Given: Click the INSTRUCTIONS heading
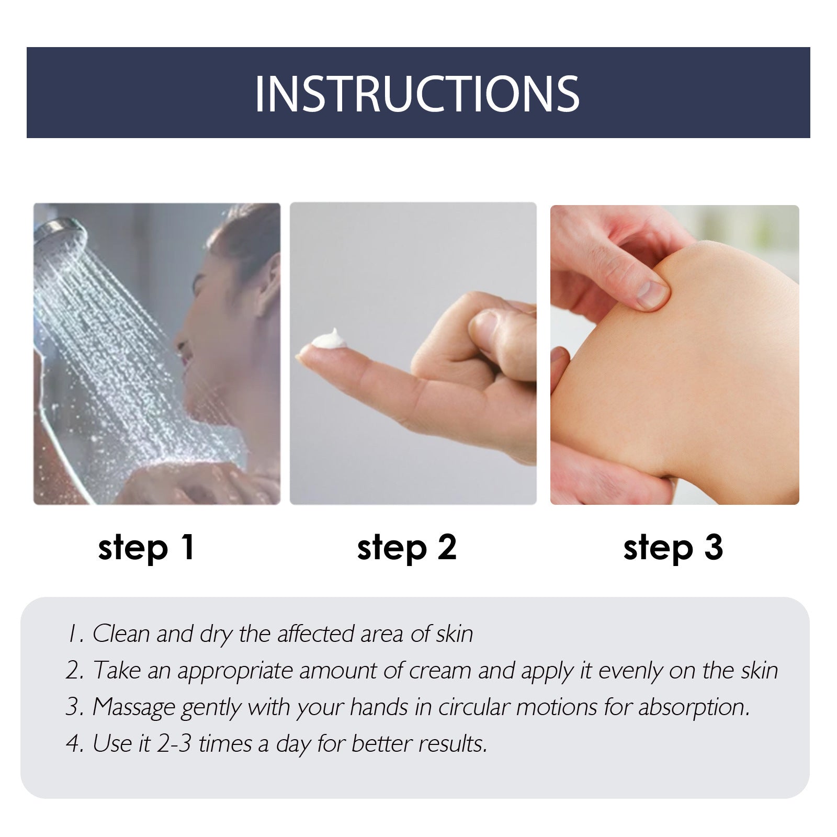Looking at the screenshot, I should tap(417, 94).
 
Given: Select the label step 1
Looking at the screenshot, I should tap(146, 548).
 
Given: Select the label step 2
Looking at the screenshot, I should tap(406, 548).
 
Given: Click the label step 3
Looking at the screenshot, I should tap(673, 548).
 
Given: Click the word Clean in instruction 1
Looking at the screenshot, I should tap(121, 634).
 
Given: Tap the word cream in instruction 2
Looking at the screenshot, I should tap(440, 671).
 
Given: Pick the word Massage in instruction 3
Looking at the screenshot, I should tap(133, 707).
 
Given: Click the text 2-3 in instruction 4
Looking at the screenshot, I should tap(174, 743).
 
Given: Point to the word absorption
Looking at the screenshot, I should tap(694, 707).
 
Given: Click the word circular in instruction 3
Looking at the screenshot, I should tap(473, 707).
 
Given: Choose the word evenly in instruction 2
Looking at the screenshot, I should tap(630, 671).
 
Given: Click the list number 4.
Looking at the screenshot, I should tap(73, 743).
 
